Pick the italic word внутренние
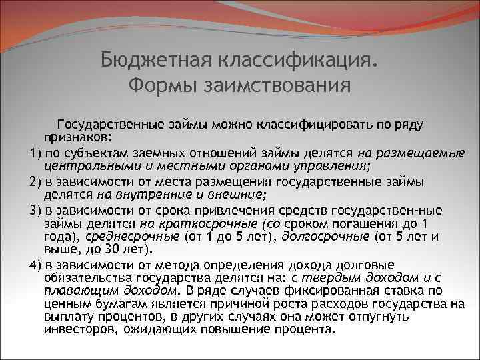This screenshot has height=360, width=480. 141,194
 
